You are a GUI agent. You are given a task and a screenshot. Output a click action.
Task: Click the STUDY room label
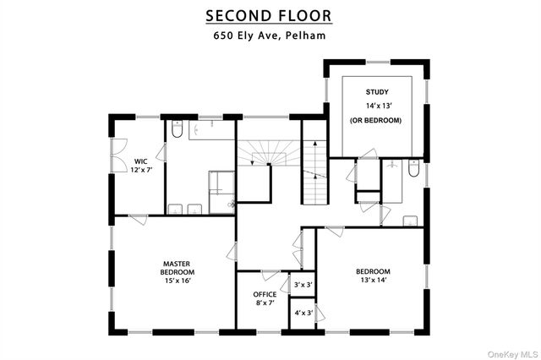[376, 91]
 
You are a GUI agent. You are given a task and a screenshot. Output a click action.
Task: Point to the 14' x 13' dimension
[376, 106]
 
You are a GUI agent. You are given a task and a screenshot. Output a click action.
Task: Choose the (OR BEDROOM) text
[376, 121]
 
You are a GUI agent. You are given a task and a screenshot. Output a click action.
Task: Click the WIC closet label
[139, 161]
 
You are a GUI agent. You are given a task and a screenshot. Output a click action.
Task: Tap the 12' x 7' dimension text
[139, 170]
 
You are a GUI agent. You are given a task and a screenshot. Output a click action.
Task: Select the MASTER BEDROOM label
[178, 268]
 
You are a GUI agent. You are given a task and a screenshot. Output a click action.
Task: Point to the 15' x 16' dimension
[178, 282]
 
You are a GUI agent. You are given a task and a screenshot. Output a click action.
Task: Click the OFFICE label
[265, 294]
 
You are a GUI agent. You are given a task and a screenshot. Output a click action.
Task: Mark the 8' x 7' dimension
[265, 303]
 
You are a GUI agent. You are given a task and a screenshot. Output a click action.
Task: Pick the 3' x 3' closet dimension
[303, 286]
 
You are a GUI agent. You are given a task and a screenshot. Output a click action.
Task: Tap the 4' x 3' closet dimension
[303, 313]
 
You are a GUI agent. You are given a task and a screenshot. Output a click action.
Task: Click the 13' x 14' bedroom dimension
[372, 281]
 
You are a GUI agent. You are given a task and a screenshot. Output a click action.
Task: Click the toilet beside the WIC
[177, 130]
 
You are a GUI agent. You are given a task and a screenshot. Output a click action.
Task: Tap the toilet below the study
[413, 169]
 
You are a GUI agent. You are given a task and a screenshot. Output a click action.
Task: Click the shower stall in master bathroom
[221, 186]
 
